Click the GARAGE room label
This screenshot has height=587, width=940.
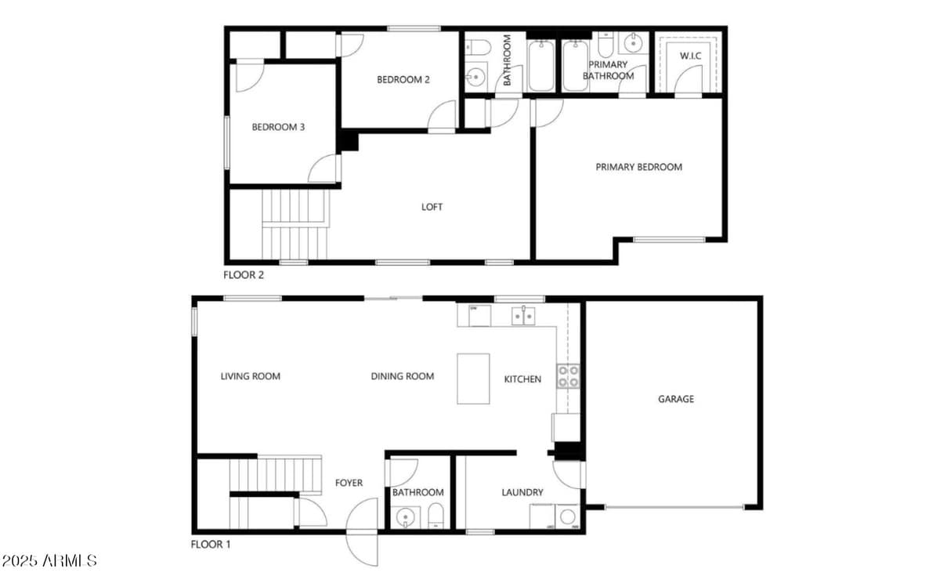(675, 399)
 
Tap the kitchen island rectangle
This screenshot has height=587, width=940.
(473, 379)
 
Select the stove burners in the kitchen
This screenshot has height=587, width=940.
(568, 377)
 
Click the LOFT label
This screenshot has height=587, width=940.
(432, 207)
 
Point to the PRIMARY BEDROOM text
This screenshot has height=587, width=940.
(638, 167)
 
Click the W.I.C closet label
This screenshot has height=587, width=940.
(690, 56)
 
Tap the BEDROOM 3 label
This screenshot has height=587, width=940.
(278, 127)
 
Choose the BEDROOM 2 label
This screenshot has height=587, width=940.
(403, 79)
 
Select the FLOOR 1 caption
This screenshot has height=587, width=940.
(211, 544)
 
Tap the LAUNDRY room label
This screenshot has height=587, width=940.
(522, 492)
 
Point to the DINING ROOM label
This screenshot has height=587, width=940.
(402, 376)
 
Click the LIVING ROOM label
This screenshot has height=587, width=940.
(250, 376)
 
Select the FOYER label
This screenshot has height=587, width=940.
(349, 483)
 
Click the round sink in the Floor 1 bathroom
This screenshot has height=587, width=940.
(405, 517)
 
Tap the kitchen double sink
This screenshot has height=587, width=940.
(522, 315)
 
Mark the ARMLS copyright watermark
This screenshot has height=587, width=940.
(49, 561)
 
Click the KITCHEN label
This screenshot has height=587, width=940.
(522, 379)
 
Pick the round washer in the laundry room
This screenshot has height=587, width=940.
(568, 516)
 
